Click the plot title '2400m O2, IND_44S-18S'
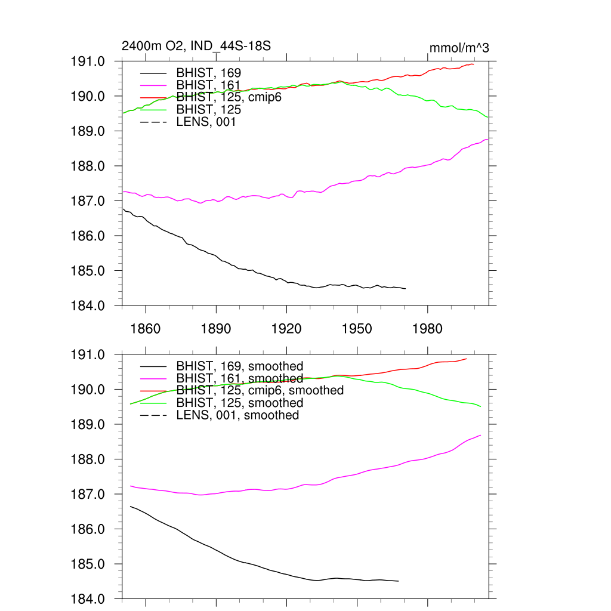(x=196, y=46)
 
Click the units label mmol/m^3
(x=459, y=48)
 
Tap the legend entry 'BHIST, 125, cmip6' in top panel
(x=229, y=97)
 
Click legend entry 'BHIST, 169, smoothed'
(x=240, y=366)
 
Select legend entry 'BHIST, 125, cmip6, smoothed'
(x=260, y=390)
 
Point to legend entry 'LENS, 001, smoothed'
(x=237, y=415)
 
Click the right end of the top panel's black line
(x=405, y=289)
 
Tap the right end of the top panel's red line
(x=473, y=64)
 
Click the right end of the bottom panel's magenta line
(x=480, y=436)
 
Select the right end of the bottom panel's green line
(x=480, y=406)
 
